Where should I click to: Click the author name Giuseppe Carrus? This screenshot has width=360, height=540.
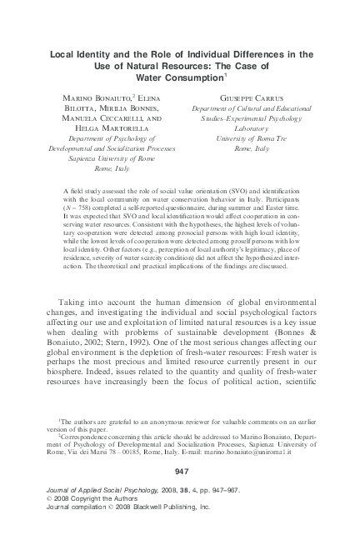click(236, 97)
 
